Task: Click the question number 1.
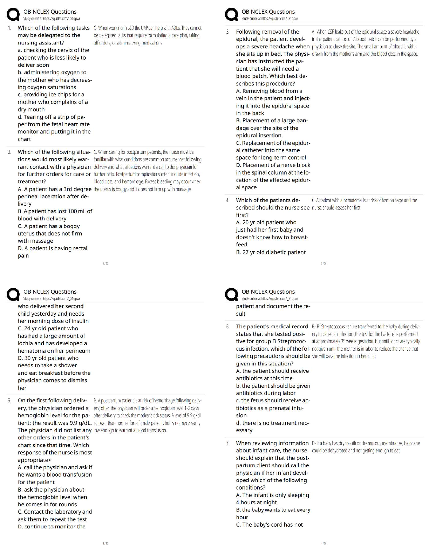pyautogui.click(x=9, y=28)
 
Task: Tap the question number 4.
pyautogui.click(x=228, y=200)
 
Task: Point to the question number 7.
pyautogui.click(x=228, y=443)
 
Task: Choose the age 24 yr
pyautogui.click(x=30, y=328)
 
